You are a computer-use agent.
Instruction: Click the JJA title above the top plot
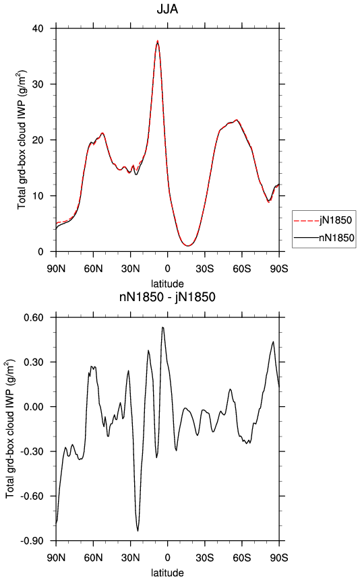click(167, 9)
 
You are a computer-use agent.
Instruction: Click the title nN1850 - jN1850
click(167, 297)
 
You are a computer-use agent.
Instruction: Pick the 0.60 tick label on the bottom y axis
click(33, 317)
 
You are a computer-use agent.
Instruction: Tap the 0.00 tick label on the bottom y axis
click(33, 406)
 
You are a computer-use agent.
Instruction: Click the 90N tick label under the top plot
click(56, 269)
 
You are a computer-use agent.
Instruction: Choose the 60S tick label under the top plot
click(242, 269)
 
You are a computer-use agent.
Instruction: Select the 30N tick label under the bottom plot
click(130, 558)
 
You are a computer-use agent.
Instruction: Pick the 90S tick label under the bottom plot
click(279, 558)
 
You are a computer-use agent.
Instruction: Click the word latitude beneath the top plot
click(167, 284)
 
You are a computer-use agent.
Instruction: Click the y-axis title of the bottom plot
click(10, 428)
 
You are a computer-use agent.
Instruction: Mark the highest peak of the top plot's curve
click(158, 42)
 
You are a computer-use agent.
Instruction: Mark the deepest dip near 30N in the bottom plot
click(138, 531)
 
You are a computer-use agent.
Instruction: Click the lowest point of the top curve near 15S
click(188, 246)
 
